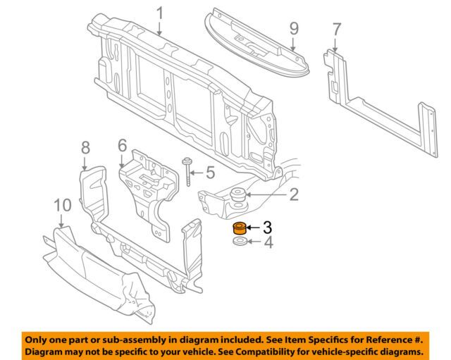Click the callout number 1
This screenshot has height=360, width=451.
(x=159, y=13)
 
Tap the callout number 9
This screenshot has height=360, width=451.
(x=294, y=29)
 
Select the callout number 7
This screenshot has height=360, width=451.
(x=336, y=30)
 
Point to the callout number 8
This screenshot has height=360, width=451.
(x=85, y=147)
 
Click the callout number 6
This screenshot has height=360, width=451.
(x=122, y=145)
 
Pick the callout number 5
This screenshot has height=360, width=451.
(x=209, y=171)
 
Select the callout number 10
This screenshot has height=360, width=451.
(x=63, y=205)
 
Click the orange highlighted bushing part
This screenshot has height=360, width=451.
(x=237, y=228)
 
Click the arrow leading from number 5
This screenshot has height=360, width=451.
(x=199, y=171)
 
